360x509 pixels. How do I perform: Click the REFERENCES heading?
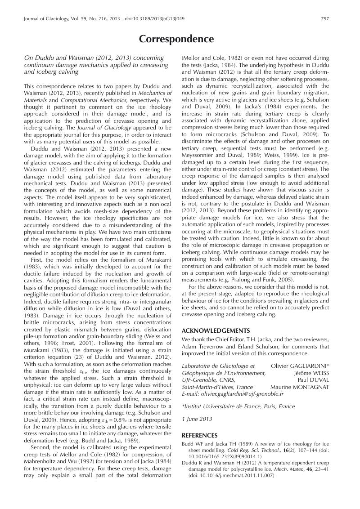[x=199, y=435]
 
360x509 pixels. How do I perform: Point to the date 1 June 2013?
[x=196, y=420]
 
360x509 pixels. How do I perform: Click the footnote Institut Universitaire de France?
[x=238, y=406]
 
